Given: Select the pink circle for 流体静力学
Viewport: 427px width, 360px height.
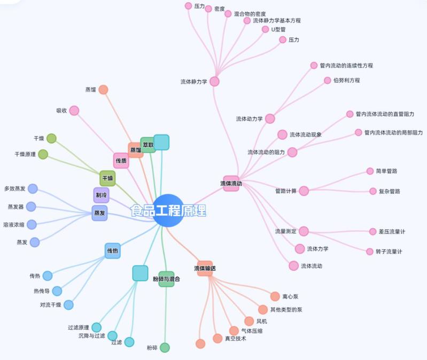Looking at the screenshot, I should pyautogui.click(x=214, y=81).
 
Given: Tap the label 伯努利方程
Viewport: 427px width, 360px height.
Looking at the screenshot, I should pyautogui.click(x=346, y=80).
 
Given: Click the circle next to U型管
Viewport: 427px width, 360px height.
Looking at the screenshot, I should pyautogui.click(x=265, y=29).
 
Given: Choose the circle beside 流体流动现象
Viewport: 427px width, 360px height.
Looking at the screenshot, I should pyautogui.click(x=282, y=135).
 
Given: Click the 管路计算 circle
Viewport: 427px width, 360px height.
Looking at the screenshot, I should pyautogui.click(x=304, y=191).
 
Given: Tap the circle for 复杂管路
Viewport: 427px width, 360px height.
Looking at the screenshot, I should pyautogui.click(x=373, y=191).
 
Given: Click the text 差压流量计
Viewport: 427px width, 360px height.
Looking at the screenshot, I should pyautogui.click(x=392, y=231).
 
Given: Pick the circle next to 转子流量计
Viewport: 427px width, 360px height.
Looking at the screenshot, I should pyautogui.click(x=370, y=251).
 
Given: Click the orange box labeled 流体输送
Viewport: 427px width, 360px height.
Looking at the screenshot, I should pyautogui.click(x=205, y=268).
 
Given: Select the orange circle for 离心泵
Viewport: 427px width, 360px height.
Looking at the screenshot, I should pyautogui.click(x=275, y=296).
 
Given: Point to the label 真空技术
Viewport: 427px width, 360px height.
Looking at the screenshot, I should pyautogui.click(x=235, y=338).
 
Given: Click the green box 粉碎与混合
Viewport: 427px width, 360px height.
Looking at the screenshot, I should pyautogui.click(x=166, y=279).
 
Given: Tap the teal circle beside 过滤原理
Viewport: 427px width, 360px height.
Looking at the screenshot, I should pyautogui.click(x=96, y=327).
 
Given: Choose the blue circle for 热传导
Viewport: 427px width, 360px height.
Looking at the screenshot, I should pyautogui.click(x=57, y=291).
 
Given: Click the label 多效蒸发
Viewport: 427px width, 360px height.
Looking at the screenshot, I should pyautogui.click(x=14, y=189).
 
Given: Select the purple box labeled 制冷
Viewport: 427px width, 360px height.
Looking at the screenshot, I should pyautogui.click(x=100, y=195).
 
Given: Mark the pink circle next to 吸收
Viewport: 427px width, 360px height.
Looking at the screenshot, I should pyautogui.click(x=74, y=111).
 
